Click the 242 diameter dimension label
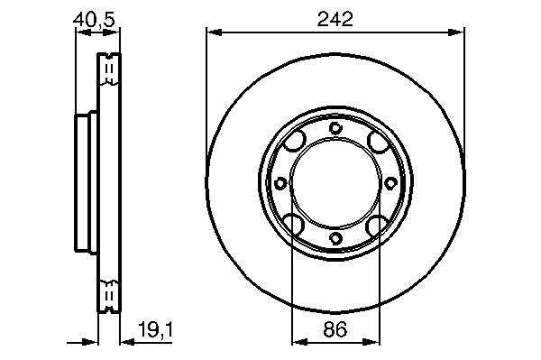(335, 19)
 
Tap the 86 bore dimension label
(335, 329)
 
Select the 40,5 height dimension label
(94, 20)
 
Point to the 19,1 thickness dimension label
(155, 329)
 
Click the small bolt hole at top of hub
(335, 128)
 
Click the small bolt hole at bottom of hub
(335, 238)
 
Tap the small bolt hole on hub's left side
(280, 183)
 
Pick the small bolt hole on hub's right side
(390, 183)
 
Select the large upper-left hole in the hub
(294, 141)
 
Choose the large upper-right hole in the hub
(378, 142)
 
